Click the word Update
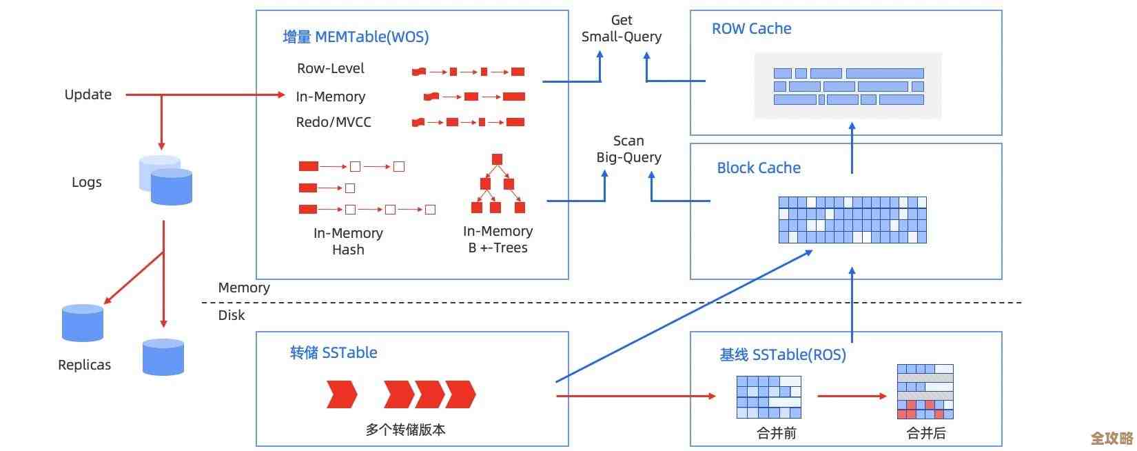click(88, 94)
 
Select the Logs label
click(86, 182)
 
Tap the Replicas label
click(84, 365)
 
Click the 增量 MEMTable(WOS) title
click(356, 37)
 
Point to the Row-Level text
click(330, 68)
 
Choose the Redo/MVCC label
click(334, 122)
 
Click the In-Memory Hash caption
click(348, 241)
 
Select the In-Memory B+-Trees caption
click(498, 239)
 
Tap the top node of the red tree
click(497, 159)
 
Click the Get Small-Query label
click(621, 28)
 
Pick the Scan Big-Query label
click(628, 149)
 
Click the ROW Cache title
click(751, 29)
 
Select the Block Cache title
click(759, 168)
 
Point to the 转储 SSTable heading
click(334, 353)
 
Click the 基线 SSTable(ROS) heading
click(783, 354)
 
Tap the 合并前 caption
click(776, 433)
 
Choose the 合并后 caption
click(925, 433)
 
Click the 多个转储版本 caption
click(405, 430)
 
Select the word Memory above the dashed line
click(244, 288)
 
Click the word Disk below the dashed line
click(232, 315)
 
